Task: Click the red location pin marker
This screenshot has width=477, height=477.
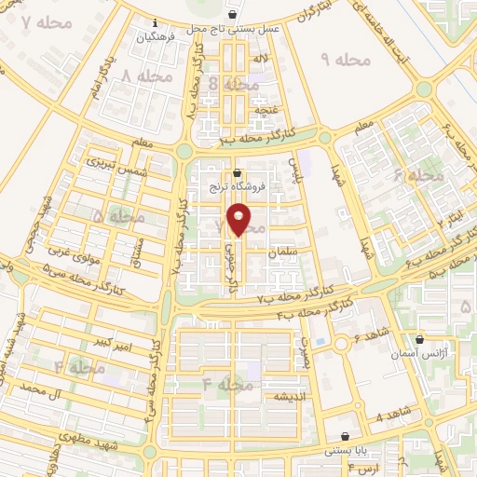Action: (239, 219)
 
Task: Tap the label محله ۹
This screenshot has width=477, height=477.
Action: (345, 60)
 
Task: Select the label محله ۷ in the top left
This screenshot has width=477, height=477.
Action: (38, 21)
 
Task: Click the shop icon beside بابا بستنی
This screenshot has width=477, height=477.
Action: (346, 436)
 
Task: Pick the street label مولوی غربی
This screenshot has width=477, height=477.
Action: (70, 252)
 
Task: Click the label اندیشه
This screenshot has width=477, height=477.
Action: (290, 397)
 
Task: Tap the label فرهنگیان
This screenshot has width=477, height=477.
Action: (155, 38)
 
